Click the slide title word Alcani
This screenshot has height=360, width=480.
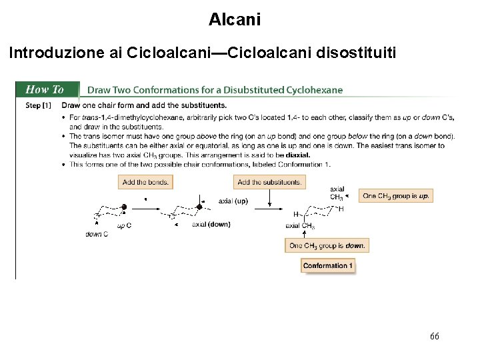click(x=235, y=20)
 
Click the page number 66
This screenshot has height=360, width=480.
click(x=434, y=336)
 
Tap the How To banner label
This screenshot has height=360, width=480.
click(x=45, y=89)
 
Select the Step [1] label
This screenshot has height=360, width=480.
click(x=38, y=105)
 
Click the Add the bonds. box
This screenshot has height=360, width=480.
click(x=145, y=182)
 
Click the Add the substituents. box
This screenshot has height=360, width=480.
click(x=269, y=182)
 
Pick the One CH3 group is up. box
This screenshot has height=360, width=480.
click(x=395, y=196)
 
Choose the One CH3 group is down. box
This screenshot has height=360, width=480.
click(x=327, y=245)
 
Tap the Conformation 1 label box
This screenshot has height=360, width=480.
click(x=327, y=266)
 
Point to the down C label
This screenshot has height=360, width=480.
click(x=97, y=234)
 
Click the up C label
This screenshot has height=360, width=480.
click(x=124, y=225)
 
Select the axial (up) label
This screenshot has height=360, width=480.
click(x=233, y=201)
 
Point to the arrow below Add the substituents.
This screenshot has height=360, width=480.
click(x=269, y=198)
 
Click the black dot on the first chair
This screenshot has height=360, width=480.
click(x=123, y=207)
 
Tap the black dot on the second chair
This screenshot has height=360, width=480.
click(x=199, y=207)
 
